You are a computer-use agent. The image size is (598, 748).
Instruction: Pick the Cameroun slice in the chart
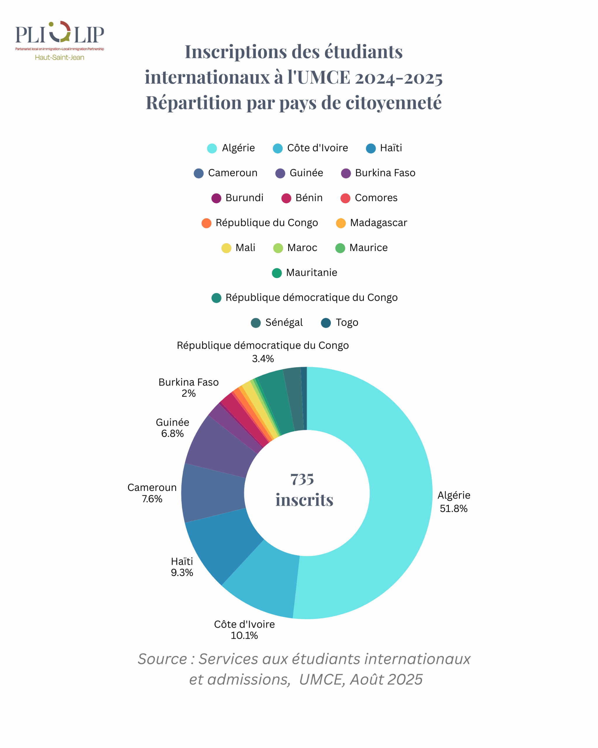[x=213, y=493]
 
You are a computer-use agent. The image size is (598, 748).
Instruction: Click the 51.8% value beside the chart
[x=453, y=509]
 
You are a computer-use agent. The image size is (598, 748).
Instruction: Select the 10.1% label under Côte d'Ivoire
[x=244, y=636]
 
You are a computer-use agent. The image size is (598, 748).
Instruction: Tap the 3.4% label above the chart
[x=263, y=359]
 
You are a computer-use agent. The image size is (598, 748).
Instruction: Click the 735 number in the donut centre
[x=302, y=479]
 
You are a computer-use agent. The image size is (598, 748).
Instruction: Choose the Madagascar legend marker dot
[x=341, y=223]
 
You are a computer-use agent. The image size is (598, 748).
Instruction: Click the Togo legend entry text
[x=347, y=323]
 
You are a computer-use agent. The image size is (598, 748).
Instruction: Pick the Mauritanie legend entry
[x=311, y=273]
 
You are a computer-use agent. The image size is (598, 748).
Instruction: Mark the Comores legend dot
[x=345, y=198]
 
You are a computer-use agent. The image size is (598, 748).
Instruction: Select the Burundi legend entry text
[x=244, y=198]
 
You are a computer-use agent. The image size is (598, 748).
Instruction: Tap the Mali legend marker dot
[x=226, y=248]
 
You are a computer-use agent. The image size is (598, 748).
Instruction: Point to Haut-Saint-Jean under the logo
[x=59, y=58]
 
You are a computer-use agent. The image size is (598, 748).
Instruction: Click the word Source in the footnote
[x=162, y=659]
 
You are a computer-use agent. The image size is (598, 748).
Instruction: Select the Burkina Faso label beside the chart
[x=189, y=382]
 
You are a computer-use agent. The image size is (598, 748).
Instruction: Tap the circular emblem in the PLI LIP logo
[x=60, y=32]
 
